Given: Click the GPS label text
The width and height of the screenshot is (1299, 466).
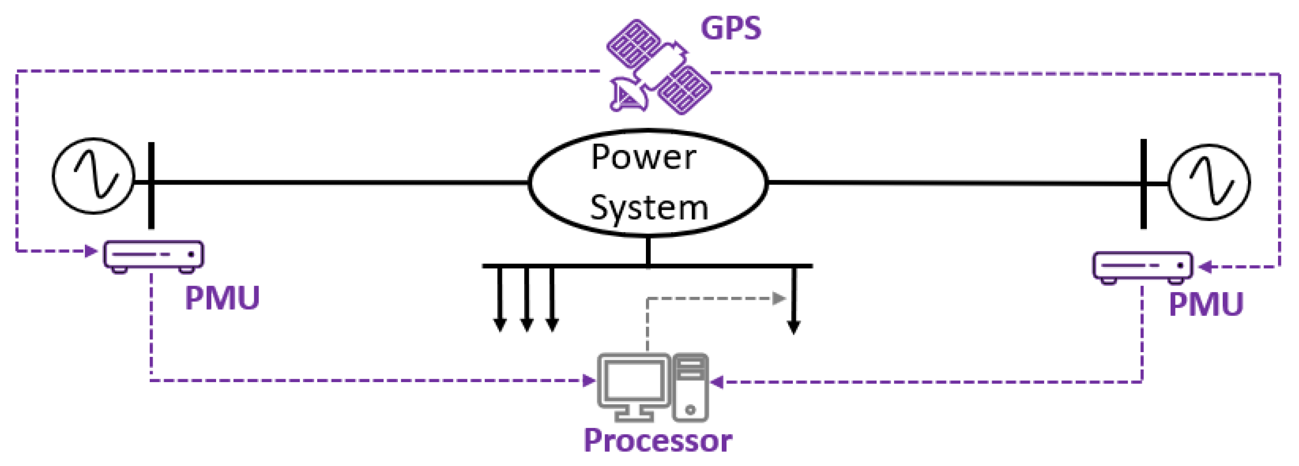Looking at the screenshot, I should [x=731, y=29].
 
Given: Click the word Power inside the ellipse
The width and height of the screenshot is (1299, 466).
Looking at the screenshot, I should [x=644, y=157].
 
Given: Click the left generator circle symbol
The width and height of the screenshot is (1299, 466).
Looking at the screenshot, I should [x=94, y=176].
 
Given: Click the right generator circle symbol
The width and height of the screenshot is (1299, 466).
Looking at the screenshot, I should [x=1209, y=182].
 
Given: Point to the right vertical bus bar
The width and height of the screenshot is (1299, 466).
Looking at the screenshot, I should [x=1143, y=184].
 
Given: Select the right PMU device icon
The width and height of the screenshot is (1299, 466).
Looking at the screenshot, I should [x=1143, y=266].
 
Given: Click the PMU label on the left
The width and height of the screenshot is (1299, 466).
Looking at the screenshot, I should [x=222, y=298].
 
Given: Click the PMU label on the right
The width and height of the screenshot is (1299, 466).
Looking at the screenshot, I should [x=1205, y=304].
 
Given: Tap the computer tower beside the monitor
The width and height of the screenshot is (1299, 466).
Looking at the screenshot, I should [x=690, y=387].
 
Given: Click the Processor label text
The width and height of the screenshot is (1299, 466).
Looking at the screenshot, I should [x=657, y=441].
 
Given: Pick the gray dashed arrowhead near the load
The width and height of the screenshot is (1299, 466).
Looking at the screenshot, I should [x=779, y=299].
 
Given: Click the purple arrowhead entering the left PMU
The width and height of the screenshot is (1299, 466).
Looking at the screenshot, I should [x=91, y=251].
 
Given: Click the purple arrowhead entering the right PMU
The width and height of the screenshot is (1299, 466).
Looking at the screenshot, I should [x=1205, y=266].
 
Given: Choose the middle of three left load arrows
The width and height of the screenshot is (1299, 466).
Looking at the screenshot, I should [x=527, y=300].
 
